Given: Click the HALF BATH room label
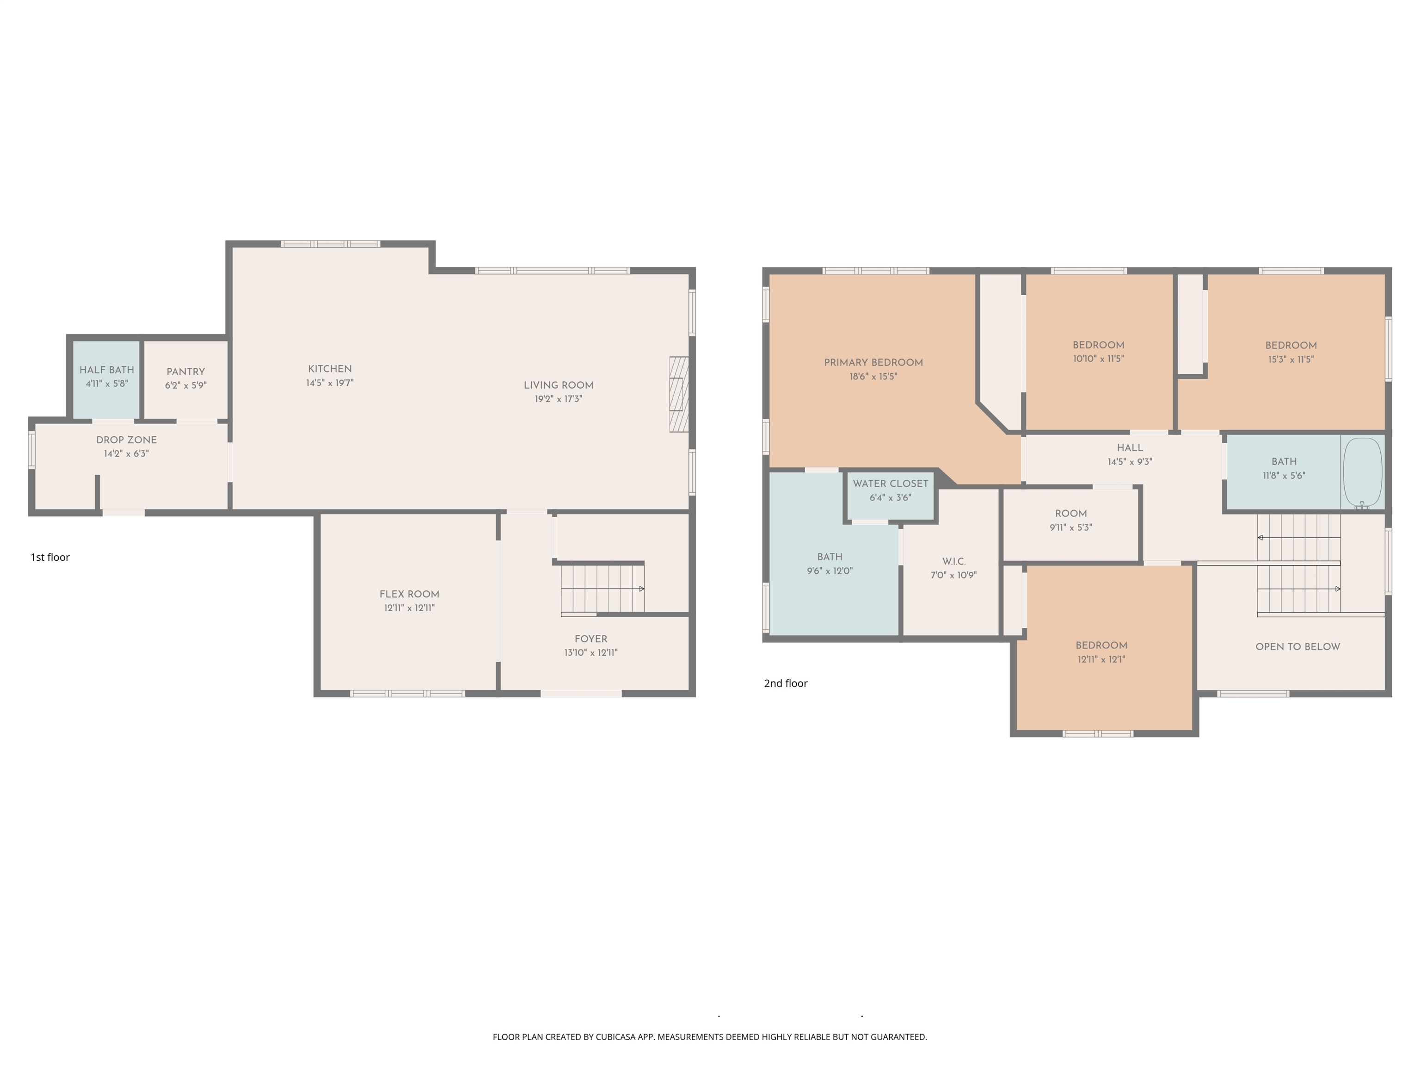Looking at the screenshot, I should pos(106,370).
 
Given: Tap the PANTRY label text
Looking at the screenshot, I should pos(185,372).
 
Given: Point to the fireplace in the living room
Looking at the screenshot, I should pos(678,394).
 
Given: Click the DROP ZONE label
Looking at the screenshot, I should pos(127,440).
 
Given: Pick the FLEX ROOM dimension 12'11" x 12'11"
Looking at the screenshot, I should pos(409,608).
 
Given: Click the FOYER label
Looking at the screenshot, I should pos(590,639).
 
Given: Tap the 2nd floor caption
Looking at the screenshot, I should pos(785,683).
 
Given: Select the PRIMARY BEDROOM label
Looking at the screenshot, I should pos(873,363).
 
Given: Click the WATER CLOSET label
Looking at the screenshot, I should pos(890,483).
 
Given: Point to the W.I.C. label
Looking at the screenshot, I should pos(953,561).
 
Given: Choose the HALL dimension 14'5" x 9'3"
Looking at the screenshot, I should pos(1129,462).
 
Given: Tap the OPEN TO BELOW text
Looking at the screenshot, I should pos(1297,647).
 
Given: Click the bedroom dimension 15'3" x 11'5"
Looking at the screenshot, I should pos(1291,359).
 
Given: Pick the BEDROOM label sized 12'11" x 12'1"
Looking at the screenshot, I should pos(1101,645).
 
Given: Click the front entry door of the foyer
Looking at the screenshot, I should pos(581,694).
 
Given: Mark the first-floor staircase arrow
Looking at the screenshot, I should pos(641,588).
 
